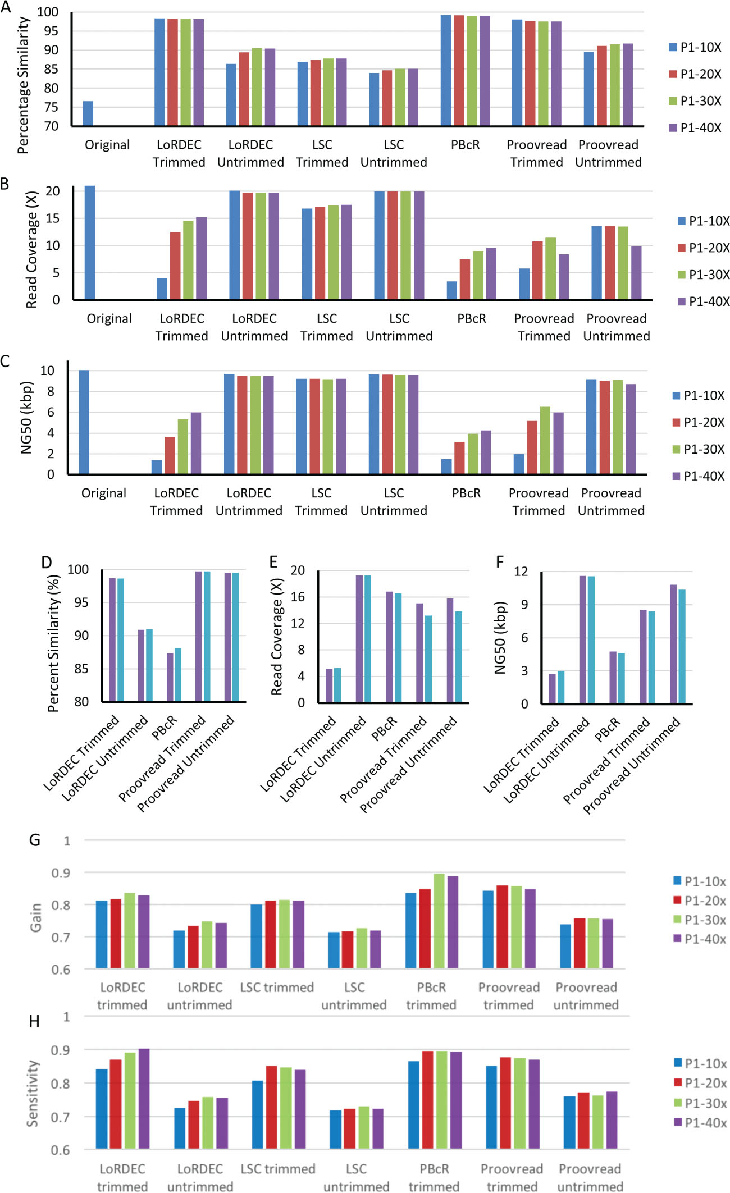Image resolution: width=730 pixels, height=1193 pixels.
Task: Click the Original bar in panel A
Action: (88, 113)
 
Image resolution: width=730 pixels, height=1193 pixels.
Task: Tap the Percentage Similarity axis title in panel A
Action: (23, 85)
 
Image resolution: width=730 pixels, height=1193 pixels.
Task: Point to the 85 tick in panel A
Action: (51, 69)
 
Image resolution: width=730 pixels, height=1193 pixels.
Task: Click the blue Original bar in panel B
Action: (89, 243)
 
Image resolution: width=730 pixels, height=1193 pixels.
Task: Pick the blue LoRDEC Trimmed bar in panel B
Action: (162, 289)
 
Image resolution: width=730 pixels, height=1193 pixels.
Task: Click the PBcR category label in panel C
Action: (466, 493)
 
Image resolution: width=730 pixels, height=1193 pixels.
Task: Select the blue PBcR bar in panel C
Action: (446, 467)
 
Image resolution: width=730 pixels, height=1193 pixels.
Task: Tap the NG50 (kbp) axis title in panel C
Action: (26, 418)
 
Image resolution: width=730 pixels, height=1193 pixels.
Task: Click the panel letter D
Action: (47, 562)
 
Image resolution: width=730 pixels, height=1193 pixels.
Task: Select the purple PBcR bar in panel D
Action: (170, 677)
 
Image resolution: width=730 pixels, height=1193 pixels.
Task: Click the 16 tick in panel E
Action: (298, 597)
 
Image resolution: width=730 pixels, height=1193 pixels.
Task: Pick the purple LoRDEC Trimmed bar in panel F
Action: (552, 688)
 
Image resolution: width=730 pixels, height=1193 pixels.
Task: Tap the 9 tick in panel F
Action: (524, 605)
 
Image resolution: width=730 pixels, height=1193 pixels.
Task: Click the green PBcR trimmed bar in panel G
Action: (439, 921)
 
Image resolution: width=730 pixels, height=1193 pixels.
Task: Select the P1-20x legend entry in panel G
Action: (699, 901)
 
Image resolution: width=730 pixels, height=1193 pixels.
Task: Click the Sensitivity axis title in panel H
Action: (34, 1093)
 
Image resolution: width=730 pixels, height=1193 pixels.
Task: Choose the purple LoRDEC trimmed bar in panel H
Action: (144, 1098)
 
